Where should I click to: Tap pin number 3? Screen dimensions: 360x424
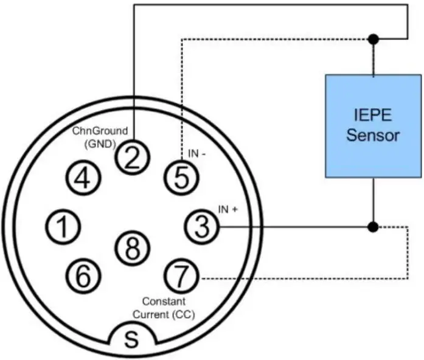click(201, 227)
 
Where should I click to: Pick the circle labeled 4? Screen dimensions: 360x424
click(83, 178)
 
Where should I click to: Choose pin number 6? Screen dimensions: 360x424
click(83, 275)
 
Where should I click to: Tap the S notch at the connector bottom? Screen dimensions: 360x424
click(131, 339)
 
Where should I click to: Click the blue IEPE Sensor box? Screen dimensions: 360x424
click(373, 126)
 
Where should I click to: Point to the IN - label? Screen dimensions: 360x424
click(196, 154)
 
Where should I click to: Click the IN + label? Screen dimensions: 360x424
click(228, 209)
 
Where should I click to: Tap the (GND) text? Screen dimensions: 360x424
click(101, 144)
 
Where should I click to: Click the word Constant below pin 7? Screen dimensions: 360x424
click(163, 301)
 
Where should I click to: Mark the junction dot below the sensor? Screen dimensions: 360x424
click(374, 227)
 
